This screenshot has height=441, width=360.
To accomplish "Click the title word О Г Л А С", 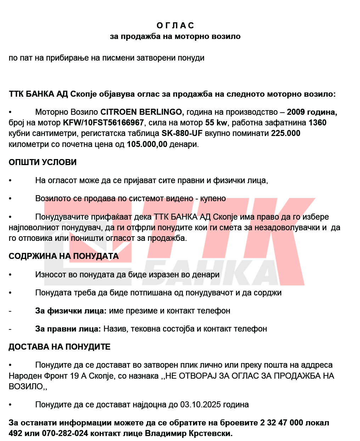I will pyautogui.click(x=175, y=26).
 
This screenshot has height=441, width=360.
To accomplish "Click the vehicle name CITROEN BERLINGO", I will pyautogui.click(x=141, y=112).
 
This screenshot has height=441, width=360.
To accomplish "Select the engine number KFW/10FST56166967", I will pyautogui.click(x=103, y=123).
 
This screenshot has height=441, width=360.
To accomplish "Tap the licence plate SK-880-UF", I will pyautogui.click(x=182, y=134).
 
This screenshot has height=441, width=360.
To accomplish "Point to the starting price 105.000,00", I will pyautogui.click(x=147, y=145).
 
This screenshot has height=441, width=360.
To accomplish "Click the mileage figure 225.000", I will pyautogui.click(x=286, y=134).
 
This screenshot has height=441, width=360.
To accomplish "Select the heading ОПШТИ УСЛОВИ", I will pyautogui.click(x=43, y=162).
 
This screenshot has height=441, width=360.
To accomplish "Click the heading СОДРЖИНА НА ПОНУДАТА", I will pyautogui.click(x=63, y=256).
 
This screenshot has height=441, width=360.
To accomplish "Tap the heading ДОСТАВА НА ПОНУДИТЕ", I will pyautogui.click(x=59, y=347).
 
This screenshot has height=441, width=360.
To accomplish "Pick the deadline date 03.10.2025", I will pyautogui.click(x=200, y=405).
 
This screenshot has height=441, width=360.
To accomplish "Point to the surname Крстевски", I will pyautogui.click(x=211, y=433).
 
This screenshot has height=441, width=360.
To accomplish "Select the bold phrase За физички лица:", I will pyautogui.click(x=71, y=311).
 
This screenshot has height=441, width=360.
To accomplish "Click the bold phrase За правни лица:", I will pyautogui.click(x=68, y=329).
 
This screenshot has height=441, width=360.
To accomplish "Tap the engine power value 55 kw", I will pyautogui.click(x=216, y=123).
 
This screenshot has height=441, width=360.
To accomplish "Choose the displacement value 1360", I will pyautogui.click(x=317, y=123).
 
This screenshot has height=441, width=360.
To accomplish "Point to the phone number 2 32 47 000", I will pyautogui.click(x=281, y=423).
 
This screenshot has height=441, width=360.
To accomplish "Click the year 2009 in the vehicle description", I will pyautogui.click(x=296, y=112).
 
